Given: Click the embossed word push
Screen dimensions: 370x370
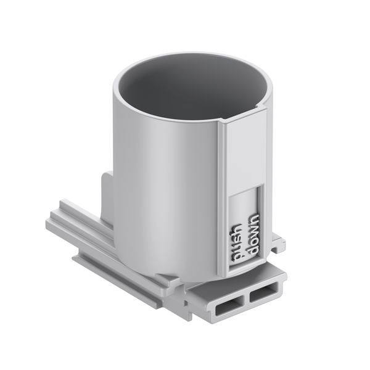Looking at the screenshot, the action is click(237, 243).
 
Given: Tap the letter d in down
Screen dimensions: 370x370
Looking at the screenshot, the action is click(252, 250).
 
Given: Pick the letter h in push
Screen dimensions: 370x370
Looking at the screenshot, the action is click(237, 228).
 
